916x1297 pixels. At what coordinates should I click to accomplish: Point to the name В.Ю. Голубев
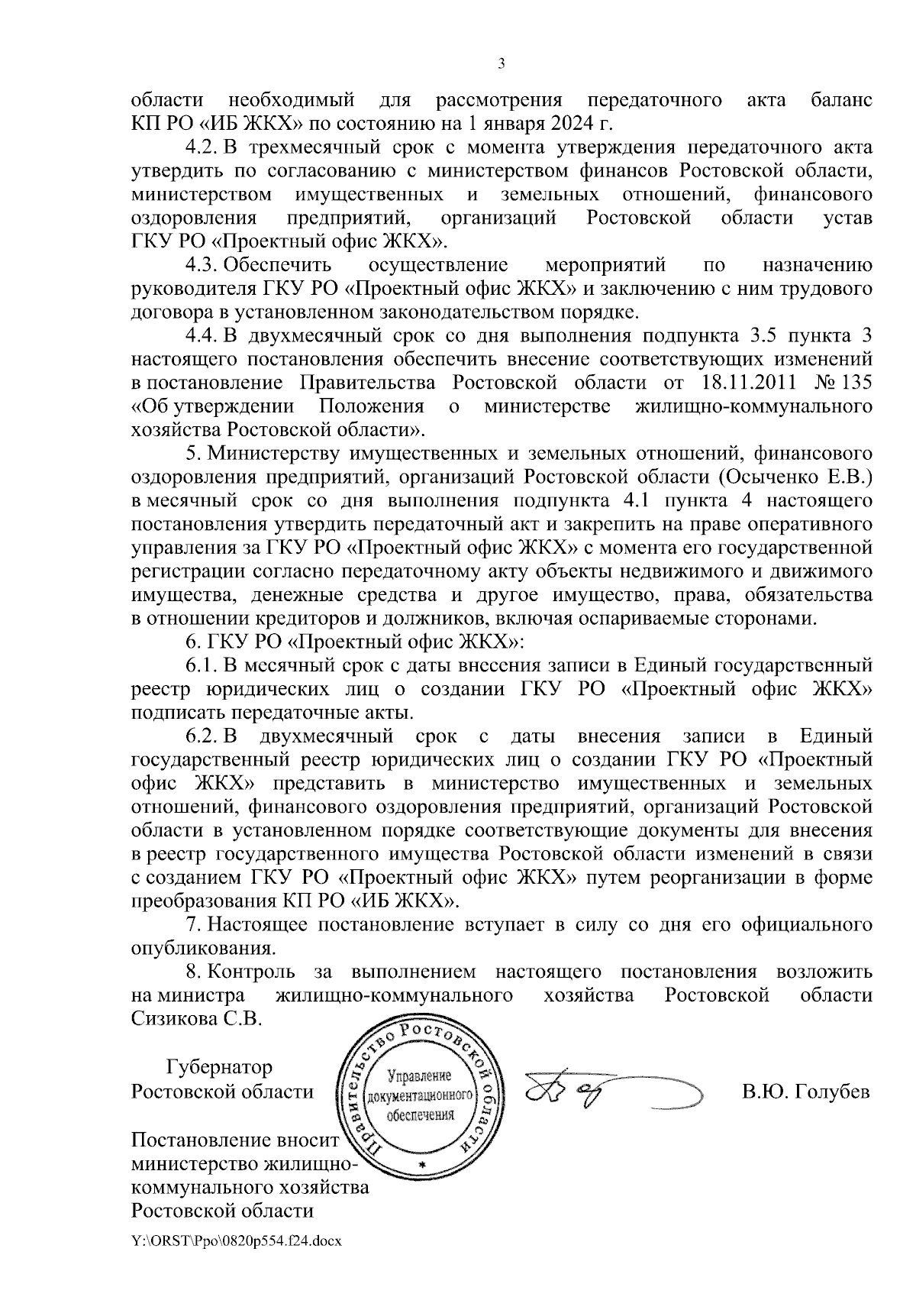tap(806, 1092)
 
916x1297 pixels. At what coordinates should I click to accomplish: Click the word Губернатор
tap(220, 1067)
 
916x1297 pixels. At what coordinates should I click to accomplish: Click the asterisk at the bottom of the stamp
tap(421, 1165)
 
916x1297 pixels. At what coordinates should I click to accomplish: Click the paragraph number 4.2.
tap(202, 147)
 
